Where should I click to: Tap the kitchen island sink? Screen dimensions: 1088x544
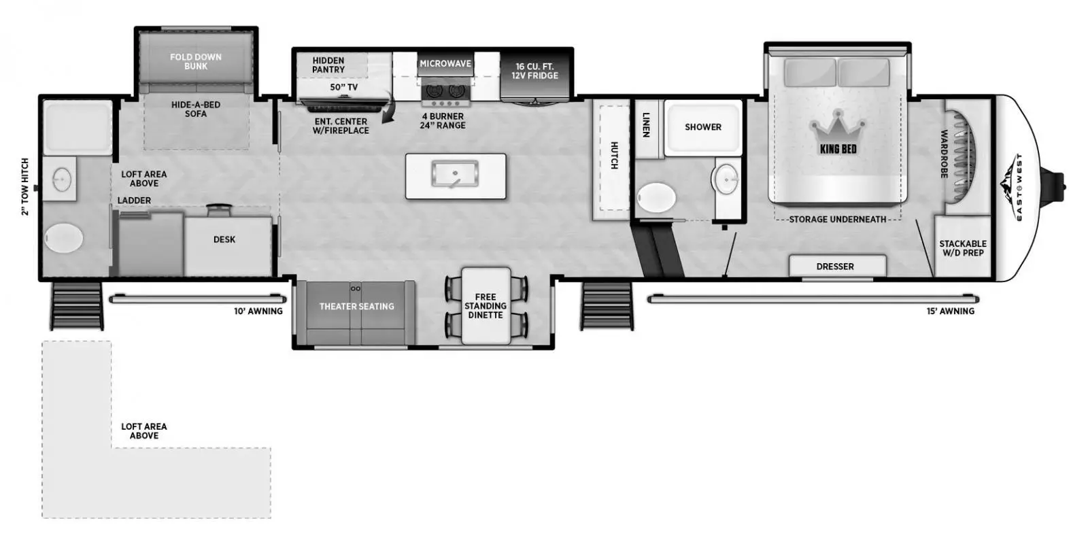click(455, 174)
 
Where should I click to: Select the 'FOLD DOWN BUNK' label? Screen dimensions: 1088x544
click(196, 61)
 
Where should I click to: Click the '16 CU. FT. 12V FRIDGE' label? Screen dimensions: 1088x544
click(534, 71)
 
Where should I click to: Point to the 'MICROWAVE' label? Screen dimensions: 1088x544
click(445, 64)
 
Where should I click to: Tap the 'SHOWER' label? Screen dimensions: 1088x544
click(703, 126)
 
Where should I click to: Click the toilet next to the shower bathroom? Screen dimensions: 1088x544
click(656, 198)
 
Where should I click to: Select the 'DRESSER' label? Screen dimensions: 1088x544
click(835, 266)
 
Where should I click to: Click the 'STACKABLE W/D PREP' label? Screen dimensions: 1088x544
click(963, 248)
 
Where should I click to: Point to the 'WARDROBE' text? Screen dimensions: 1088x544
click(945, 154)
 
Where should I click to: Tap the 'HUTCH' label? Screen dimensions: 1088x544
click(614, 156)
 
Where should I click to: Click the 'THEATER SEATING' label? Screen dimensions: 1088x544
click(356, 307)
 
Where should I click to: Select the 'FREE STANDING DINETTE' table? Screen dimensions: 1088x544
click(486, 305)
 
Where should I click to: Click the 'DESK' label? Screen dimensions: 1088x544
click(224, 239)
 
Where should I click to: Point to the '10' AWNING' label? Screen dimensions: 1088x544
click(258, 311)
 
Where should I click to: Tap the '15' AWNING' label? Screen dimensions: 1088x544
click(951, 311)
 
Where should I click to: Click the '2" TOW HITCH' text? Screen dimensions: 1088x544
click(24, 186)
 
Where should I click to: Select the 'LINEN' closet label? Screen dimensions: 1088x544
click(646, 125)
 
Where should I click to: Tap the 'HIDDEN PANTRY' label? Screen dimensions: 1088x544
click(328, 65)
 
